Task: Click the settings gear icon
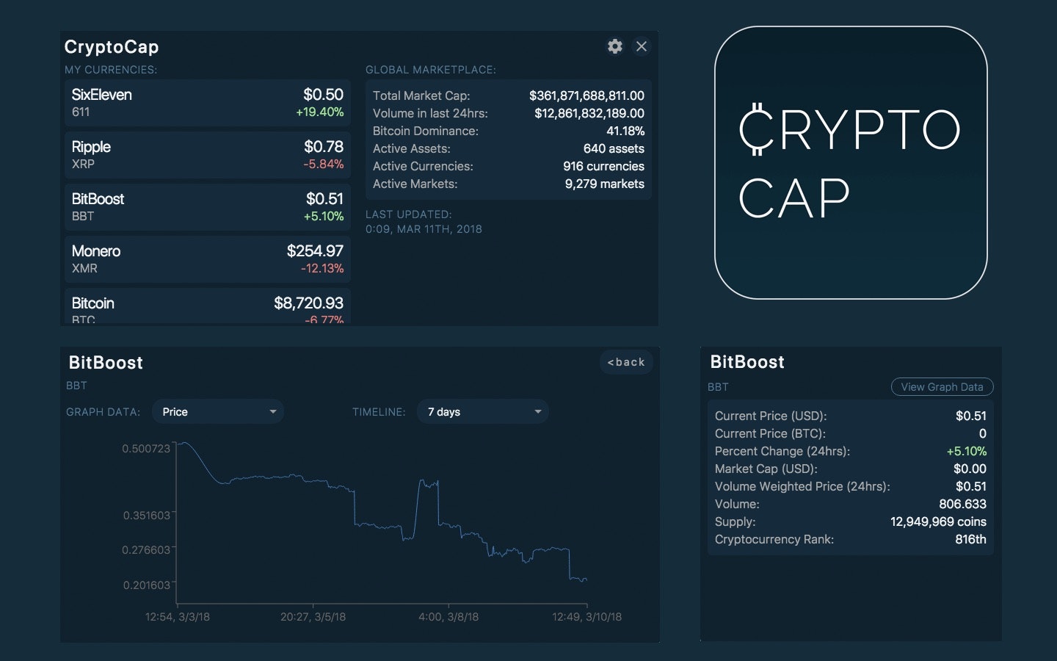615,46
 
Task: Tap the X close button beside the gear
642,46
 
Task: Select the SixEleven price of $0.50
323,95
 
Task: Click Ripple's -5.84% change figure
323,164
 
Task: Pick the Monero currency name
96,251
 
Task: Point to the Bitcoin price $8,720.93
308,303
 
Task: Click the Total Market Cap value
586,95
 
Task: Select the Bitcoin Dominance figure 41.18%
625,131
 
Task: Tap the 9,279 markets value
604,184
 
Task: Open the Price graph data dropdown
218,412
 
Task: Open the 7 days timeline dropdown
483,412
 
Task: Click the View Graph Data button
942,387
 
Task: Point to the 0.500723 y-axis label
146,449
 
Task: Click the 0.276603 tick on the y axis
146,550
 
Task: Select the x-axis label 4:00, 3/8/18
448,617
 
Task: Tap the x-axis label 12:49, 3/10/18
586,617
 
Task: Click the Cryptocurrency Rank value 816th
970,539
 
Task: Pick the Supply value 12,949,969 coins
938,521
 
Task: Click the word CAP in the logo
793,198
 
